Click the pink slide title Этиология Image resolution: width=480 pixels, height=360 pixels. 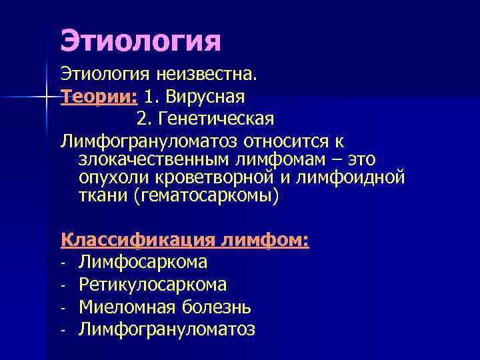(x=140, y=41)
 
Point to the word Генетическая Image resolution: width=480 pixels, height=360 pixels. (x=217, y=119)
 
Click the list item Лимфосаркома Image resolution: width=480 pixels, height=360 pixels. (x=143, y=262)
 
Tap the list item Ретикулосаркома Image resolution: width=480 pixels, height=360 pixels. (x=153, y=285)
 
